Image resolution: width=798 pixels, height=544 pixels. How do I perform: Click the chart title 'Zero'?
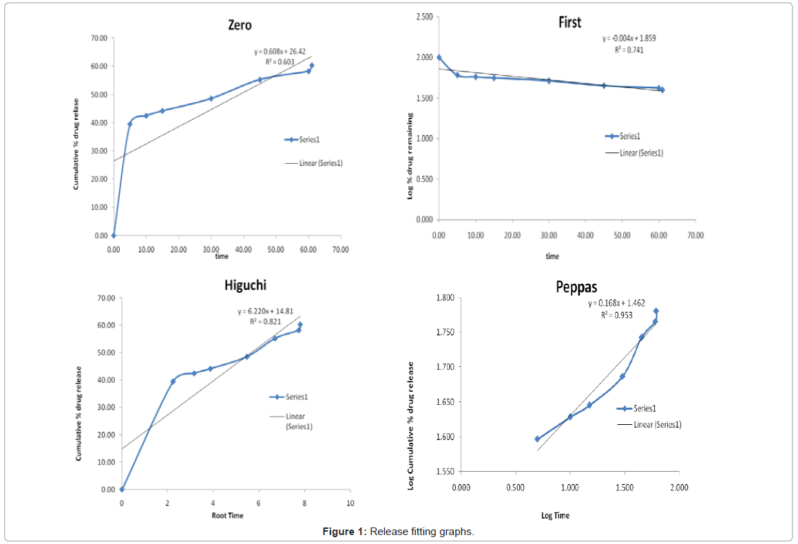(x=240, y=25)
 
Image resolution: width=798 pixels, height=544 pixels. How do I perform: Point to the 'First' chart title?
(x=569, y=22)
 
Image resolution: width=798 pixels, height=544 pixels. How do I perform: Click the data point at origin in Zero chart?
(x=114, y=236)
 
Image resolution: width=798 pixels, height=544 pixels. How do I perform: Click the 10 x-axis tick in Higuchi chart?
(x=350, y=503)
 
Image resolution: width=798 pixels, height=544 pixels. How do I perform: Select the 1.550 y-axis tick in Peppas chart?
(x=444, y=472)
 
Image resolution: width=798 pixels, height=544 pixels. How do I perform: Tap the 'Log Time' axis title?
(x=555, y=515)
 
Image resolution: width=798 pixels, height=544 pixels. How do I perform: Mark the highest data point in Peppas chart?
(x=655, y=311)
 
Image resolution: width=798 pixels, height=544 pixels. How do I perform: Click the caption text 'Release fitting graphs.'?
(x=422, y=532)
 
